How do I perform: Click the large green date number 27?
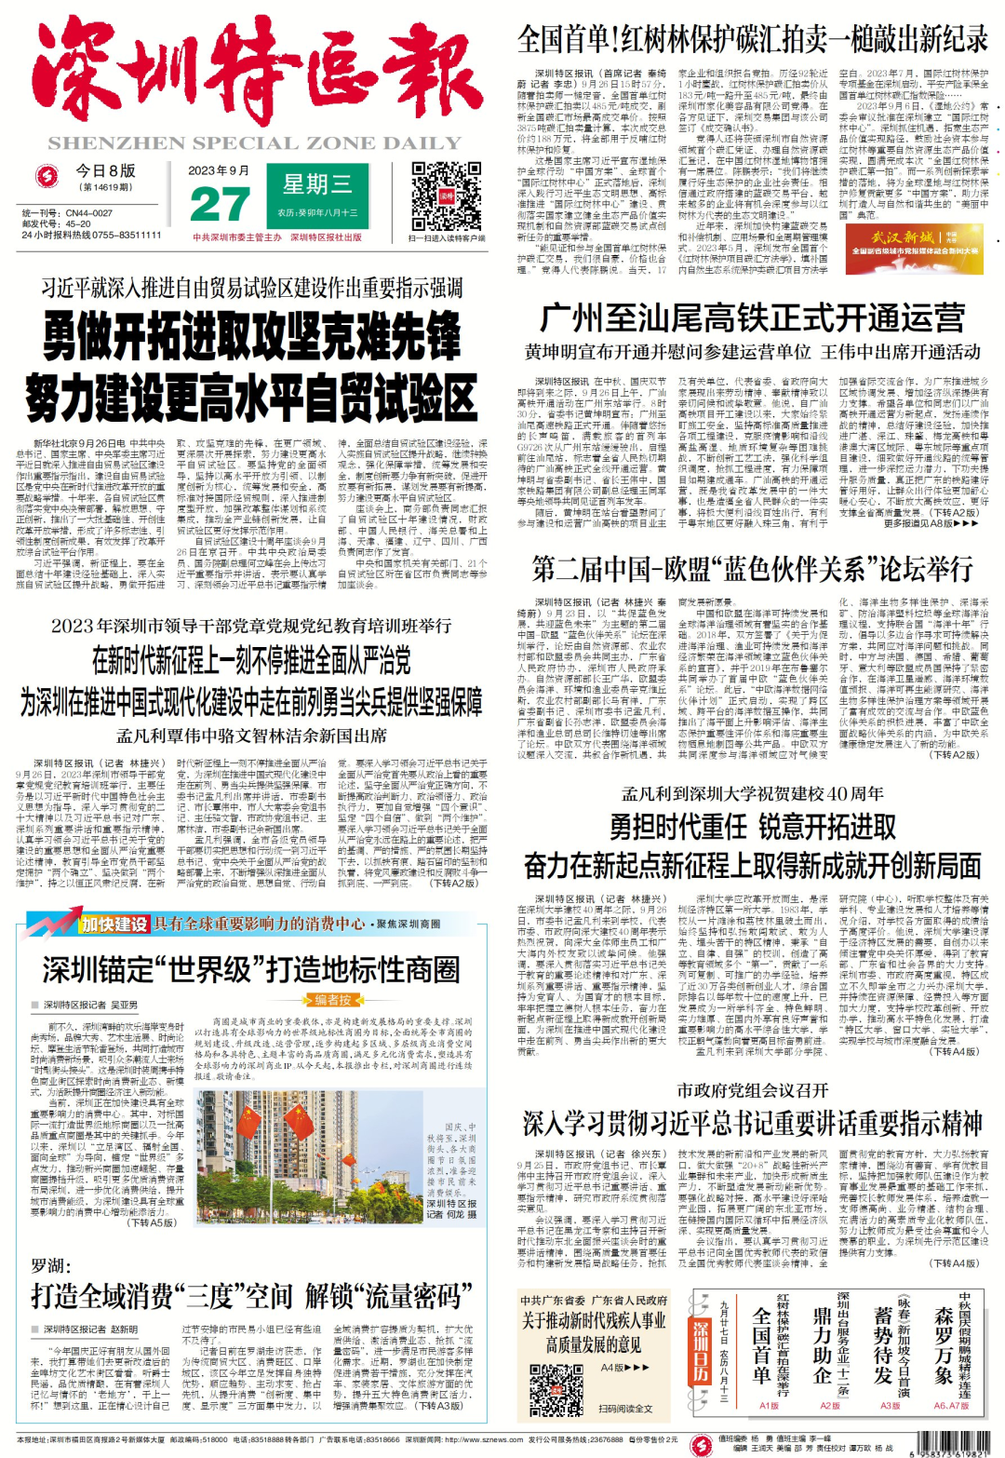[x=219, y=204]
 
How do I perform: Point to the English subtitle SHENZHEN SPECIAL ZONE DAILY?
[x=255, y=143]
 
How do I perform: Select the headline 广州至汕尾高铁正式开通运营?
[x=752, y=317]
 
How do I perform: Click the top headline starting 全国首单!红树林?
[x=752, y=39]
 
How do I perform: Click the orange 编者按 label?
[x=333, y=999]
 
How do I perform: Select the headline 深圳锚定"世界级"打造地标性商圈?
[x=250, y=969]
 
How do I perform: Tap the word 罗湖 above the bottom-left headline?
[x=49, y=1265]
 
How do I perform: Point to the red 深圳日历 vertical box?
[x=700, y=1348]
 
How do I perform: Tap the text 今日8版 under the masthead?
[x=105, y=170]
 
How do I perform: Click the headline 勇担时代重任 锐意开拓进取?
[x=752, y=827]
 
